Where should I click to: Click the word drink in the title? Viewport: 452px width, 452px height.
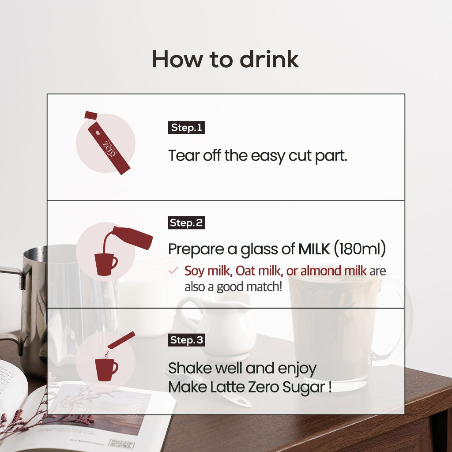pos(269,59)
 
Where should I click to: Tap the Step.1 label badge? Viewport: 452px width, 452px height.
pos(186,128)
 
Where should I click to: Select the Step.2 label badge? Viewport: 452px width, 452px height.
pos(186,222)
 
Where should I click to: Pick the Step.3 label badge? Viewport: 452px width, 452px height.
pos(186,340)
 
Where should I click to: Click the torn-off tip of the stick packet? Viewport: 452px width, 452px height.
pos(91,115)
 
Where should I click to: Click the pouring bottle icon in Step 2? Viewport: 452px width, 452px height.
pos(132,237)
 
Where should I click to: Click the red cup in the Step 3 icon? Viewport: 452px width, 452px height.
pos(106,369)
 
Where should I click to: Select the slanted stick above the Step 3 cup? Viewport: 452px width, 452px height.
pos(121,340)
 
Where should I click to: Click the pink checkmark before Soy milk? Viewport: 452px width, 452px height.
pos(173,271)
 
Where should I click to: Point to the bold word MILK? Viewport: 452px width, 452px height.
pos(314,249)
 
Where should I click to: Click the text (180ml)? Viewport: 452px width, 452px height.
pos(360,249)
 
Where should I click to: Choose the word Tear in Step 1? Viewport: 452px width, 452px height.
pos(184,155)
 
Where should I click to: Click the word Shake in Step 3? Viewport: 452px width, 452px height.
pos(190,368)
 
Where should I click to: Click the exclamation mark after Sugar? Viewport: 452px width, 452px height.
pos(330,387)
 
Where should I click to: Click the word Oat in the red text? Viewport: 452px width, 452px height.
pos(245,271)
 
